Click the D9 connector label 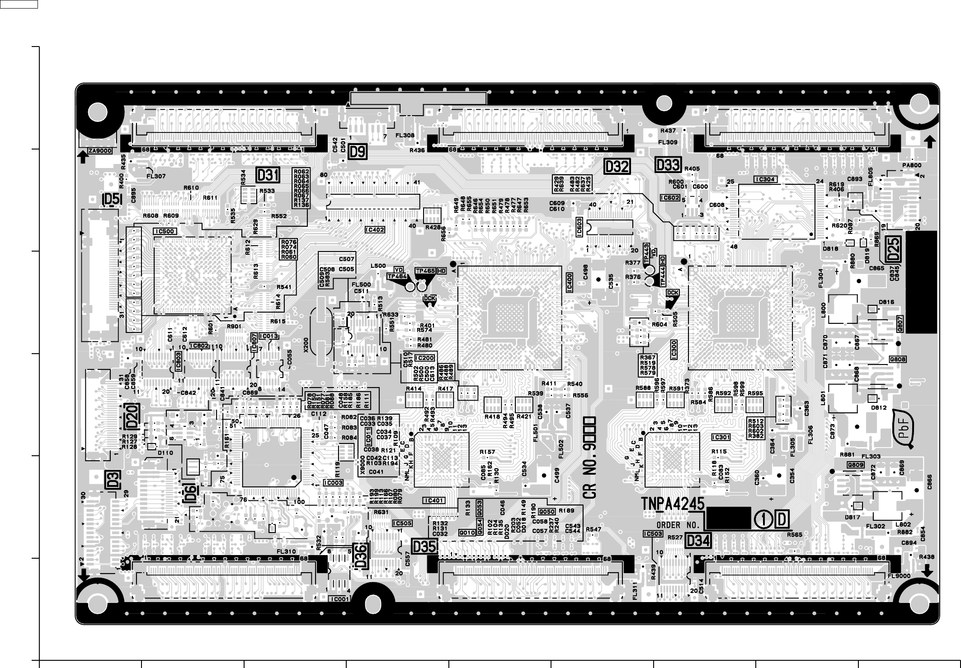357,152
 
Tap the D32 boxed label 617,167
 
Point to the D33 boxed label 668,164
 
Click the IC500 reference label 165,231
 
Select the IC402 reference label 375,230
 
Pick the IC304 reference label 765,179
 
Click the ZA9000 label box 100,151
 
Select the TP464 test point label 397,276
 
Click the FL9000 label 899,576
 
